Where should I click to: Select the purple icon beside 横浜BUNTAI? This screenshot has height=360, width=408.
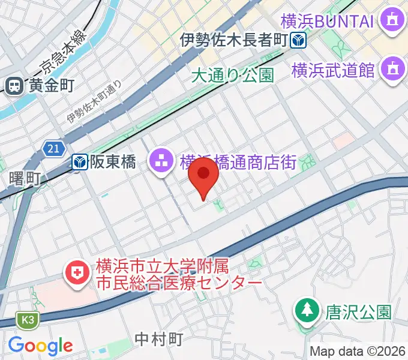coord(393,22)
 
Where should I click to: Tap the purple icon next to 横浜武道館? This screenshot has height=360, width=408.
coord(393,67)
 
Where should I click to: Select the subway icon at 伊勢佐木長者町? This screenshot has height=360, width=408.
coord(298,41)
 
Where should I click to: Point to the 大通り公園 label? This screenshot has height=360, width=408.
coord(233,75)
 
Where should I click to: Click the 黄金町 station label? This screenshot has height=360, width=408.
coord(50,86)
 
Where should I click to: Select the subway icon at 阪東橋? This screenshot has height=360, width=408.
coord(80,161)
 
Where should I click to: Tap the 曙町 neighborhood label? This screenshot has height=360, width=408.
coord(25,178)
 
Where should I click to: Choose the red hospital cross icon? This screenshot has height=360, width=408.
coord(77,274)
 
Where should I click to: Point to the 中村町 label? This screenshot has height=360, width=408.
coord(159,338)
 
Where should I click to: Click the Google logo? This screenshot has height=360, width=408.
coord(40,346)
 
